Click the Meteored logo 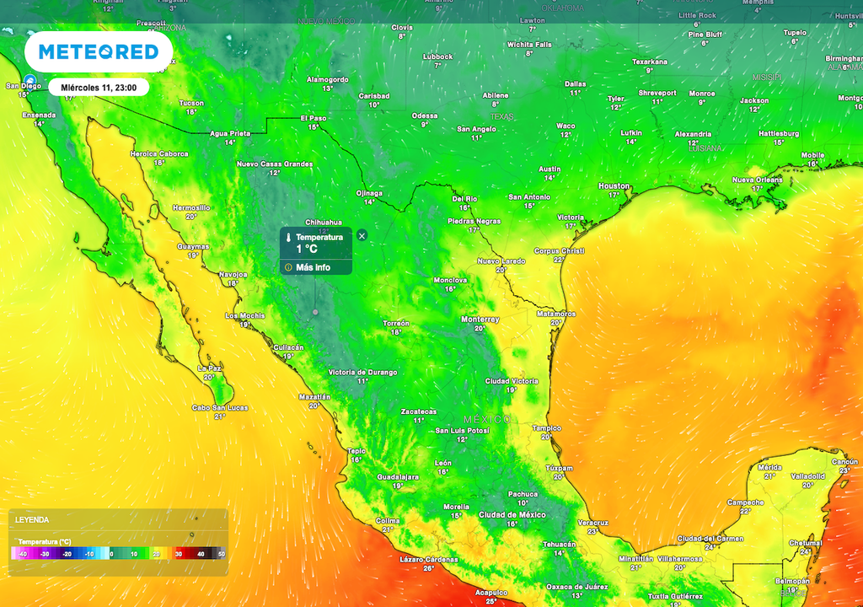coord(99,52)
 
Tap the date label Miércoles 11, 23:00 coord(99,87)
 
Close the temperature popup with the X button coord(362,235)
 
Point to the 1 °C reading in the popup coord(307,249)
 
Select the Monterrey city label coord(480,320)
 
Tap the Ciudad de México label coord(512,514)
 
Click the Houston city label coord(614,185)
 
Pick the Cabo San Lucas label coord(220,408)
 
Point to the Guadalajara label coord(397,476)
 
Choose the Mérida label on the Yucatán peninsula coord(769,466)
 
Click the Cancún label coord(844,461)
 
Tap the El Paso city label coord(314,118)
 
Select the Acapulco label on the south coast coord(490,593)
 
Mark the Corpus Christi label coord(559,250)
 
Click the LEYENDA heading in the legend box coord(32,520)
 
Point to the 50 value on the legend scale coord(222,554)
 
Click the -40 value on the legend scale coord(22,554)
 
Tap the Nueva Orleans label coord(757,180)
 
